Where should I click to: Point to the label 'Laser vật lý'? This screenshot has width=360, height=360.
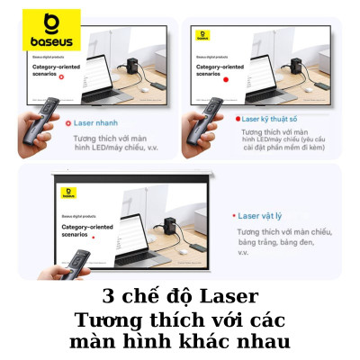(x=264, y=216)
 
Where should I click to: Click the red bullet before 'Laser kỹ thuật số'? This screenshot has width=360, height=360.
(x=237, y=118)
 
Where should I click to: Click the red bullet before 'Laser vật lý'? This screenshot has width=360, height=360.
(x=234, y=216)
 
